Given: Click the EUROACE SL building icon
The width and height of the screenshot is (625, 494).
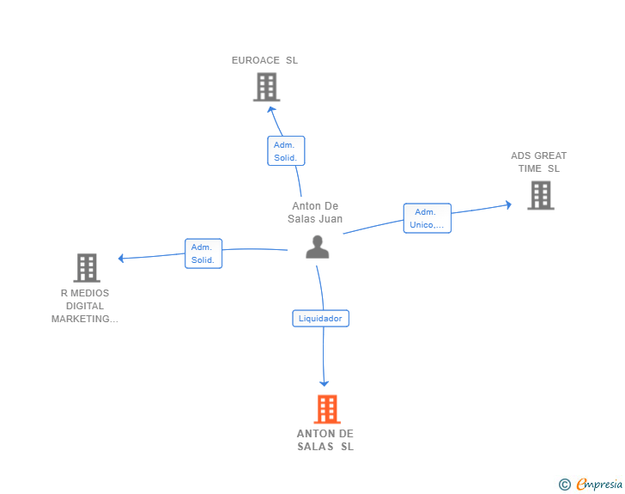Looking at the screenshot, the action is [x=267, y=87].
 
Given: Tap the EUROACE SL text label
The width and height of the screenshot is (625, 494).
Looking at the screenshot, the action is [x=264, y=60].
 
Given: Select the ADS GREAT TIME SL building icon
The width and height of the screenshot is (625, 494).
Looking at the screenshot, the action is [x=541, y=195].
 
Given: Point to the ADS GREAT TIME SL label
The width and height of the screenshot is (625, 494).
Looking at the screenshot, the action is [x=539, y=162].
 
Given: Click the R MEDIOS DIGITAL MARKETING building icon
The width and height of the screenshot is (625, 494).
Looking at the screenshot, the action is [x=87, y=268].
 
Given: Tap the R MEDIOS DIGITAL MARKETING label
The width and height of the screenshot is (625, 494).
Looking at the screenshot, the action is [x=85, y=306].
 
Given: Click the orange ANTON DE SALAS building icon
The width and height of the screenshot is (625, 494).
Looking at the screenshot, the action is [x=327, y=409].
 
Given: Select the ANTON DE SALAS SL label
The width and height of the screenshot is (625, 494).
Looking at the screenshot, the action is [x=325, y=440].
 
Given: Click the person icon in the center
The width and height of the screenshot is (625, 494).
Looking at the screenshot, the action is [x=318, y=247].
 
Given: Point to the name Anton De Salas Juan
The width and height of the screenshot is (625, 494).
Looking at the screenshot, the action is [x=315, y=212].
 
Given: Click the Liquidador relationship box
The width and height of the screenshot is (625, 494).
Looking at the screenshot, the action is [x=320, y=319].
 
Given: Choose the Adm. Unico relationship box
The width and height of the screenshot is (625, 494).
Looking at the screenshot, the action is [x=428, y=218].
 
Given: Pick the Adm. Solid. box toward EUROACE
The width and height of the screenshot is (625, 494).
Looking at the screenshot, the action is [x=286, y=151].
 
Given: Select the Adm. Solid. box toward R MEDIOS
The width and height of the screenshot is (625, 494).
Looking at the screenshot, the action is [x=203, y=253].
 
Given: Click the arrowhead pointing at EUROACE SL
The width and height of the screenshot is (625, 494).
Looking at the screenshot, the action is [x=271, y=110].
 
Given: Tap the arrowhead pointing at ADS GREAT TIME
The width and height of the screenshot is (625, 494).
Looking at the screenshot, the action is [x=508, y=205].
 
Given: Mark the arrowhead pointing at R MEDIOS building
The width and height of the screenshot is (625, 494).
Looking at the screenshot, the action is [x=121, y=259].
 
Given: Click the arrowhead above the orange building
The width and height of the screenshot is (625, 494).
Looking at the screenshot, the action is [x=324, y=383].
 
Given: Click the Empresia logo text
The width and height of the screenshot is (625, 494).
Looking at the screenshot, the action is [x=599, y=485].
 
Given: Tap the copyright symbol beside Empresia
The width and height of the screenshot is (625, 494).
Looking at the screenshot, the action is [x=565, y=485].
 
